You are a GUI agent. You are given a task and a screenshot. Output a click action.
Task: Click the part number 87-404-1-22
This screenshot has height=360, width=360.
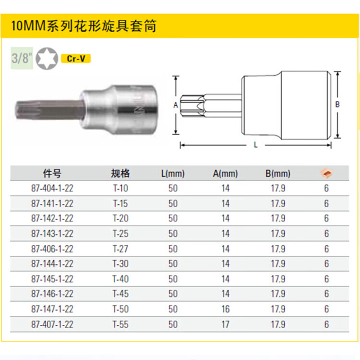click(52, 188)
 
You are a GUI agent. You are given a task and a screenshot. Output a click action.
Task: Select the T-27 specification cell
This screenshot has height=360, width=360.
click(120, 249)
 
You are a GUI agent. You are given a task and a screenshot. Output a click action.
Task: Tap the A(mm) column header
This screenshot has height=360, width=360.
click(225, 174)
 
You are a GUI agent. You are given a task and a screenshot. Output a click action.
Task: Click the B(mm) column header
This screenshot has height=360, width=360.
click(278, 174)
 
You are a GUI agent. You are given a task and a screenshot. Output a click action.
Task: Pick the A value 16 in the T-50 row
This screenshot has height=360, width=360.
click(226, 309)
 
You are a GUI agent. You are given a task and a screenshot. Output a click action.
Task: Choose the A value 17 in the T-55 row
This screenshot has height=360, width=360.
click(226, 324)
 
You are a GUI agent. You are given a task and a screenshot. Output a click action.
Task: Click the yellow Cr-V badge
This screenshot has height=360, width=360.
click(76, 59)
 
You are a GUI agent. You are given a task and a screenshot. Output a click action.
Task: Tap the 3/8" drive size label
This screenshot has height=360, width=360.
click(22, 58)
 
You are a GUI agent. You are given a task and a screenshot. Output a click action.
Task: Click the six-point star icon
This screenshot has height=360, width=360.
click(47, 58)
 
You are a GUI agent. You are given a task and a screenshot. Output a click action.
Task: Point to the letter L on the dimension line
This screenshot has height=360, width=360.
click(255, 145)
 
